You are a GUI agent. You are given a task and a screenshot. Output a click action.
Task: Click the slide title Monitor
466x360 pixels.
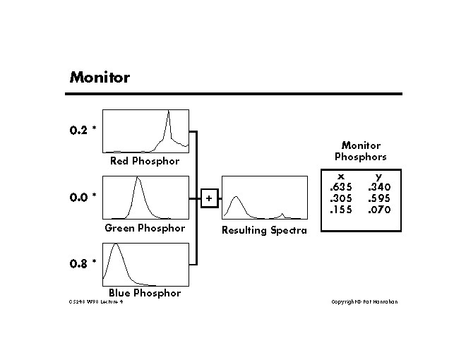coord(99,78)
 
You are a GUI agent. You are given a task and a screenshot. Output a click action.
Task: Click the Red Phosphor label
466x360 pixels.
coord(145,161)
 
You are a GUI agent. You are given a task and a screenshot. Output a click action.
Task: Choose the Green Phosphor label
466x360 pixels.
coord(145,228)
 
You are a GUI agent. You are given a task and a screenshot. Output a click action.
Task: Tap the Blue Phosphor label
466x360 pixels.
coord(145,293)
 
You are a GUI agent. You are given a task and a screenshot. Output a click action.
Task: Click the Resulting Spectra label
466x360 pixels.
coord(264,231)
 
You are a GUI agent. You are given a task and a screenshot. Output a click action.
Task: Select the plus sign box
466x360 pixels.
coord(209,198)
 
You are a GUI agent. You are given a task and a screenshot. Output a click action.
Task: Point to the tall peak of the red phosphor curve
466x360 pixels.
coord(168,113)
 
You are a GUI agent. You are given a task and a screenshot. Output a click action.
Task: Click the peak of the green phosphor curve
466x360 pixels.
coord(138,179)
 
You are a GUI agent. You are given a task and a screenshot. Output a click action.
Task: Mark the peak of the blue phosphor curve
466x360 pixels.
coord(116,246)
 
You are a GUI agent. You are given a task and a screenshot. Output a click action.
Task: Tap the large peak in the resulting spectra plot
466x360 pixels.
coord(237,198)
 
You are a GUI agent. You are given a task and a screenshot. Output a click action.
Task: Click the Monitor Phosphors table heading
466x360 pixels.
coord(360,151)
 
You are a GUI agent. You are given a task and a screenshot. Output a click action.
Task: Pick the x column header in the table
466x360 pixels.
coord(340,176)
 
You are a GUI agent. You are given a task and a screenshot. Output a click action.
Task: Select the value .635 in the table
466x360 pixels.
coord(340,187)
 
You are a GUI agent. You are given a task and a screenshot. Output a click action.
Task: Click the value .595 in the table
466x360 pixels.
coord(379,198)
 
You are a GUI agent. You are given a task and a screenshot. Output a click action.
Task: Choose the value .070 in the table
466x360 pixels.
coord(379,210)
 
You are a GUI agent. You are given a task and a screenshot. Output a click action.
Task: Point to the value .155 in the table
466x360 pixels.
coord(340,210)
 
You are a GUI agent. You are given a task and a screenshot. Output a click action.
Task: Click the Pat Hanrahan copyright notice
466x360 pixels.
coord(364,302)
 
